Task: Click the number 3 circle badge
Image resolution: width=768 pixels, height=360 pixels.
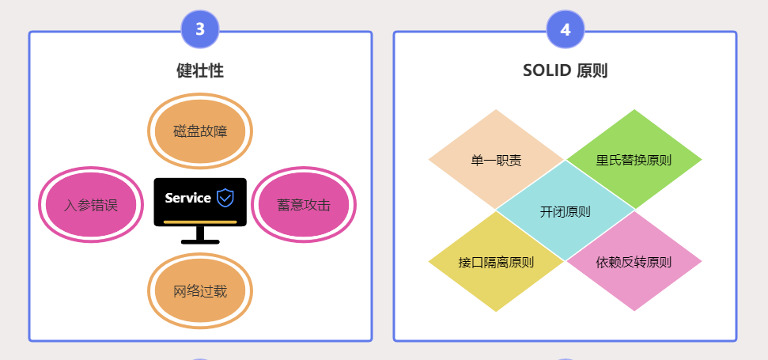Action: (200, 30)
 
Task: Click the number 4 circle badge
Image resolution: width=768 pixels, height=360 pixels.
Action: (566, 30)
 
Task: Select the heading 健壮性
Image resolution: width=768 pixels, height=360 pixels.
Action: (200, 70)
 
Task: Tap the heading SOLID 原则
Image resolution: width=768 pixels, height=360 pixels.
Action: (565, 70)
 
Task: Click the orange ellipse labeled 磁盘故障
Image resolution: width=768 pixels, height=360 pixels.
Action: (200, 131)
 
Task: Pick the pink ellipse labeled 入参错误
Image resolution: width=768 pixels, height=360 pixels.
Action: (91, 205)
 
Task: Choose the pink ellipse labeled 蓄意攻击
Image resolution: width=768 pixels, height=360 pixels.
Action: (304, 205)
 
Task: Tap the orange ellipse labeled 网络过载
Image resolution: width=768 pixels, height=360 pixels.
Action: (200, 291)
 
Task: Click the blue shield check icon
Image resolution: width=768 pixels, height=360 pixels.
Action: (225, 198)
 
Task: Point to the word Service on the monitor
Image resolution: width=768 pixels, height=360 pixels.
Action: (188, 198)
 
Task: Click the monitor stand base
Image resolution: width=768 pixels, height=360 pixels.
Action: (200, 241)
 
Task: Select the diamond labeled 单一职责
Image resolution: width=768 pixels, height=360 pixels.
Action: (496, 160)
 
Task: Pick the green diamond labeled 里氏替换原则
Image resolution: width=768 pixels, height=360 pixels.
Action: (634, 160)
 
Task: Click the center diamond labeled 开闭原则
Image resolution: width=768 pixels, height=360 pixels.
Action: (565, 211)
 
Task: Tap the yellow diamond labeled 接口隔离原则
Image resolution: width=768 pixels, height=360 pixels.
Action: (496, 262)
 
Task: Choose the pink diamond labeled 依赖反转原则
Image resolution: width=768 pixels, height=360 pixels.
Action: (634, 262)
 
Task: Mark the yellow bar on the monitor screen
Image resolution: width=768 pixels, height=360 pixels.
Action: (200, 222)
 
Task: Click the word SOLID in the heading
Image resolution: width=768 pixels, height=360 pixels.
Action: (547, 70)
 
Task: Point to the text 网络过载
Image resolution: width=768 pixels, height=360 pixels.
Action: (200, 291)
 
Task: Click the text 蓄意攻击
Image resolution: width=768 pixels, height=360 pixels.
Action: (304, 205)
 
